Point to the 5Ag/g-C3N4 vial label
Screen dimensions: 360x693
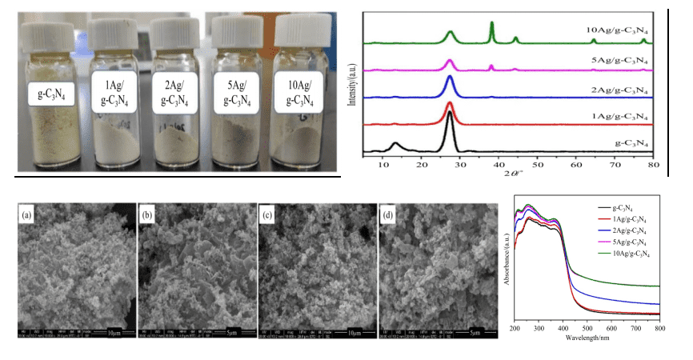pos(237,90)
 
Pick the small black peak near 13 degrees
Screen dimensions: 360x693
pos(395,145)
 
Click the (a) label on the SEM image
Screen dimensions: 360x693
pos(28,214)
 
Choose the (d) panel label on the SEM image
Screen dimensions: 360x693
pos(388,214)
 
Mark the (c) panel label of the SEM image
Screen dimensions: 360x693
pos(268,214)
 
